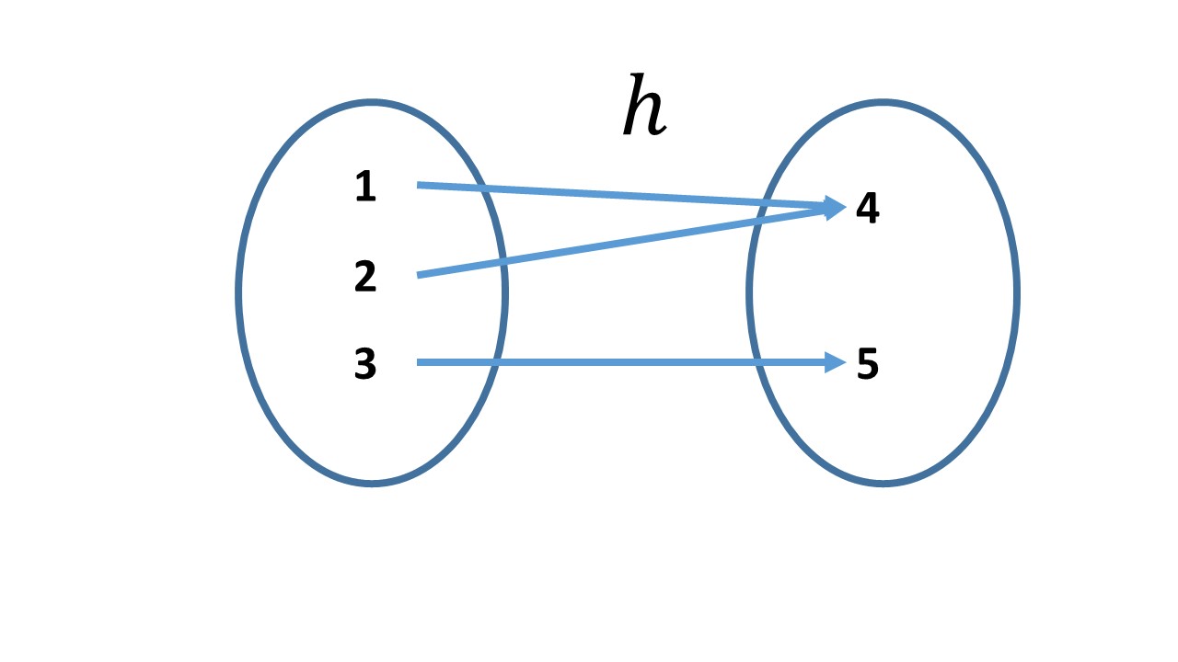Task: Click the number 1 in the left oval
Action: pos(365,188)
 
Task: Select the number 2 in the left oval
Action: pos(365,277)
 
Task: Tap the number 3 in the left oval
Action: pos(365,365)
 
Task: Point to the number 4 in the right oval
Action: pos(867,209)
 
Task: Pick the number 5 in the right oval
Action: pos(867,365)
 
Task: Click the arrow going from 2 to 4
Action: pos(626,241)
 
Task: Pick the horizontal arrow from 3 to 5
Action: pos(626,362)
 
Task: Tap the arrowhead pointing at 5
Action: pos(836,362)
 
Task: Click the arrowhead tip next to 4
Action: pos(839,208)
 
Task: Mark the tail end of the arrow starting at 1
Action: pos(420,185)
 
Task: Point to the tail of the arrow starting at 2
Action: pos(420,274)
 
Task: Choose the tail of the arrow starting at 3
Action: pos(420,362)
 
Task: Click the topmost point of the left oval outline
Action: pos(371,102)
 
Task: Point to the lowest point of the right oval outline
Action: pos(883,482)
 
